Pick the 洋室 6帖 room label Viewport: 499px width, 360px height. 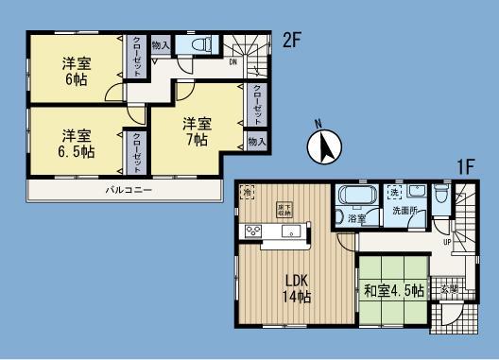(76, 72)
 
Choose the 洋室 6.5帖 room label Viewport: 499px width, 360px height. (76, 141)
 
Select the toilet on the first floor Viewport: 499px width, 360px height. (440, 196)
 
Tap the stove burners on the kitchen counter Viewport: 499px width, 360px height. (254, 231)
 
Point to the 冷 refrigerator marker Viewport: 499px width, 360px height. (247, 190)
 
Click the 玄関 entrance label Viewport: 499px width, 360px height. (449, 288)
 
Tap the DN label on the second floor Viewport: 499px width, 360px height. (232, 63)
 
